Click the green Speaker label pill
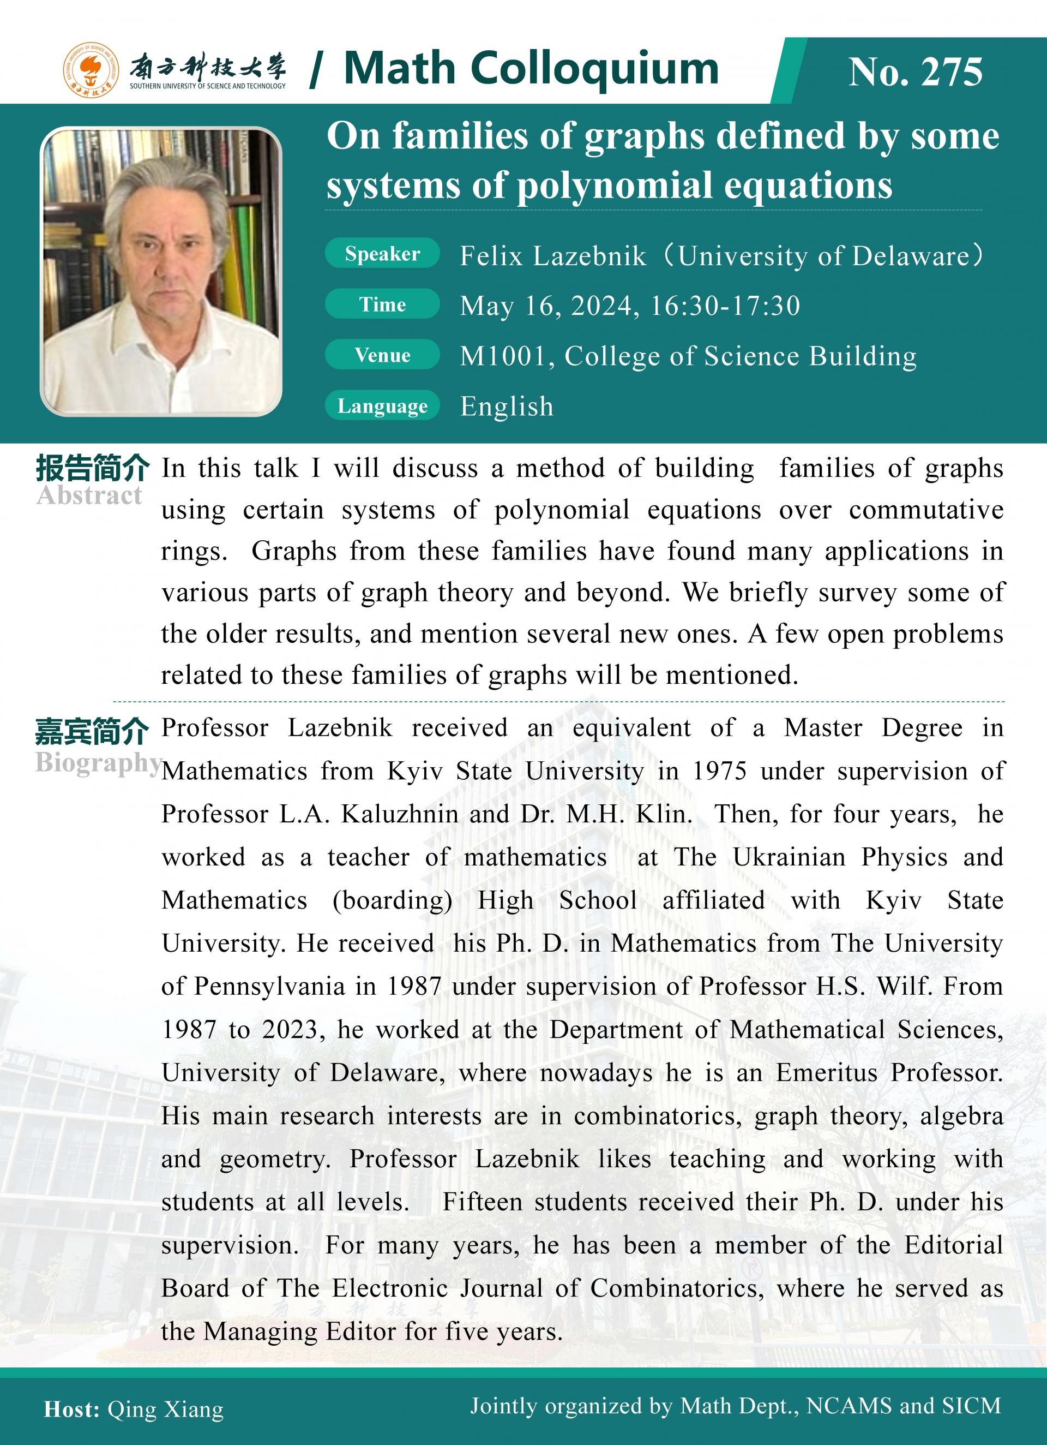click(382, 254)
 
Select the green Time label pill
click(382, 304)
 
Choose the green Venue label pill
click(382, 355)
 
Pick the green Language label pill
click(382, 406)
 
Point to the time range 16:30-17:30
click(725, 306)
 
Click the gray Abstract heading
click(89, 495)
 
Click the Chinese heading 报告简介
click(92, 468)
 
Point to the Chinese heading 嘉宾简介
click(92, 731)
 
